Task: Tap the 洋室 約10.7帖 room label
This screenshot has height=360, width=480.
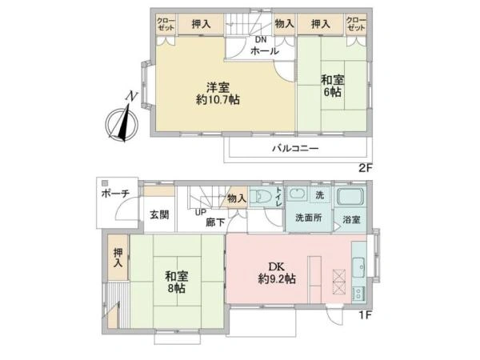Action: (218, 94)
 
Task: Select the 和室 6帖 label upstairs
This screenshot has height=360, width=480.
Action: (333, 86)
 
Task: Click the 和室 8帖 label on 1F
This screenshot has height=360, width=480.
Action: (177, 282)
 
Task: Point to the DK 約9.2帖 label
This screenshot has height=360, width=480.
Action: (277, 273)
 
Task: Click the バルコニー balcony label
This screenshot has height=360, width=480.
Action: (296, 149)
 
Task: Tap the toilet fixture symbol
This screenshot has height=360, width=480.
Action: (260, 196)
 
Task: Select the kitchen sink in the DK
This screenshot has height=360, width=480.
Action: (358, 267)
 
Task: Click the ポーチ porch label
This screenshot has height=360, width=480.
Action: (115, 194)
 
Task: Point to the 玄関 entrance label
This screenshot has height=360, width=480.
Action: (159, 214)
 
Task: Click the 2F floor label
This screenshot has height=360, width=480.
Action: (365, 168)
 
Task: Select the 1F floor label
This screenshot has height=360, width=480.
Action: (365, 314)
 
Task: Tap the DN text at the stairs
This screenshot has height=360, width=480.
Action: (261, 39)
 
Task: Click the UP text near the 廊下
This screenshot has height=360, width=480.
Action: (201, 212)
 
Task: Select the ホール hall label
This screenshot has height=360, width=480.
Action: (265, 51)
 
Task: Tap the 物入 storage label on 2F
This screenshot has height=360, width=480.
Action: (284, 23)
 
